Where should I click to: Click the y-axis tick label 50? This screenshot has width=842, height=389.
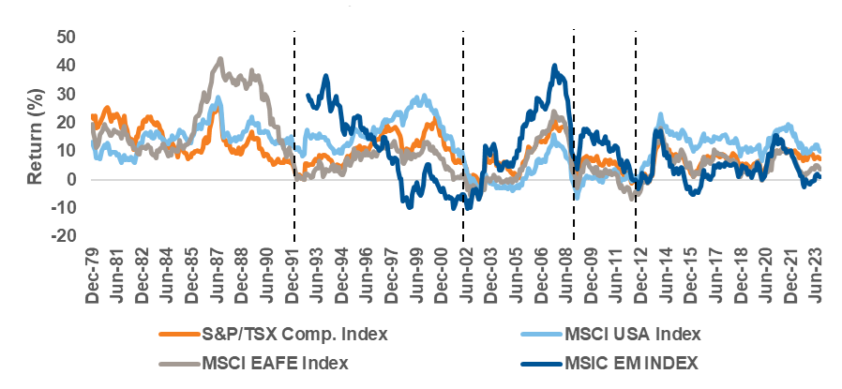point(66,37)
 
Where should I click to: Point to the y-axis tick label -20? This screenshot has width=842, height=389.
point(63,235)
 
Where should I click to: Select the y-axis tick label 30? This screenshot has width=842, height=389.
point(66,94)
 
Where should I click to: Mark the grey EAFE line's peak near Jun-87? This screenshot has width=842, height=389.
point(220,58)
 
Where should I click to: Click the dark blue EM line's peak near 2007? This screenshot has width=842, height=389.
point(554,66)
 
